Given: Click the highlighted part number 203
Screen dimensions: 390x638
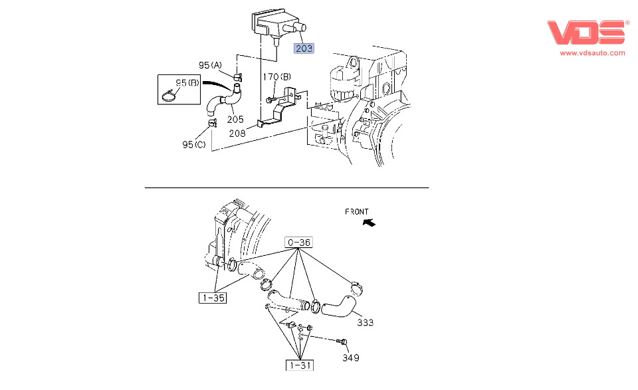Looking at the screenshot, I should coord(304,48).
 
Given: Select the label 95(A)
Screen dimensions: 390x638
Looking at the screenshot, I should coord(211,65).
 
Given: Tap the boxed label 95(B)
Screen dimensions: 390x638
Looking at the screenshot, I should coord(187,83).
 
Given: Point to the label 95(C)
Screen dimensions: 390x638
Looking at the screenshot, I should coord(195,144).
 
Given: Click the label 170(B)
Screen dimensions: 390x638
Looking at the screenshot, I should coord(276,77).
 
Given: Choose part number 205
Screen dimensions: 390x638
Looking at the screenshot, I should coord(236,120).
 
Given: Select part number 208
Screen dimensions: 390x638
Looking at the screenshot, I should coord(237,133).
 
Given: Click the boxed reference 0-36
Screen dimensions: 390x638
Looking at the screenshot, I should coord(299,243).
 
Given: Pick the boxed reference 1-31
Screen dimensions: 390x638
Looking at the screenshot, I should coord(300,365).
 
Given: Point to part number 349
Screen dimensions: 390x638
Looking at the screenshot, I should coord(351,358).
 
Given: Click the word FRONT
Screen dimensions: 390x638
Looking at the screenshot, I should coord(357,212).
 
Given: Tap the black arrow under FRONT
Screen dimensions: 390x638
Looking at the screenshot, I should coord(368,224).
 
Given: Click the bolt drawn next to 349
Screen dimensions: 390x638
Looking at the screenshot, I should coord(342,341).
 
